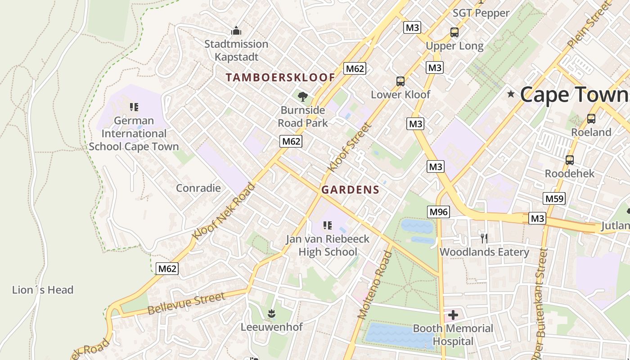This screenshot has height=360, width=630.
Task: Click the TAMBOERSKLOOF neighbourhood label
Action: tap(280, 77)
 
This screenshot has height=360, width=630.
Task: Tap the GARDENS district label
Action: tap(350, 190)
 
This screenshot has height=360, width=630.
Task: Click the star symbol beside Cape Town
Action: tap(511, 94)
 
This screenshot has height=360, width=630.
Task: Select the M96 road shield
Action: tap(439, 211)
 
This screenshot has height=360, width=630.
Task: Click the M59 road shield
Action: tap(554, 198)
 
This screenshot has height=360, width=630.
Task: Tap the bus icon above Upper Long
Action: tap(454, 32)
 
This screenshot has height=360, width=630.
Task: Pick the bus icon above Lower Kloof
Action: tap(400, 81)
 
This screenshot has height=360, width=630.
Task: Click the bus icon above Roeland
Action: tap(591, 119)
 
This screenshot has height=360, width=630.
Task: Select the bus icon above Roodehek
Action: tap(570, 160)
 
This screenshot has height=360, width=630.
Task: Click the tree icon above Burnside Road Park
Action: tap(303, 96)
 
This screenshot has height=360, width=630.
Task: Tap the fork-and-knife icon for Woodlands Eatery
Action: tap(484, 238)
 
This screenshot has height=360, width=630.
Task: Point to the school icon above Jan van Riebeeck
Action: tap(328, 225)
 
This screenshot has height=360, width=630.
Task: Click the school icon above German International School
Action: tap(134, 107)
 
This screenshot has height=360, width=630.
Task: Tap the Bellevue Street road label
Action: tap(186, 303)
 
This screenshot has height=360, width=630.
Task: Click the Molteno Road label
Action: tap(375, 285)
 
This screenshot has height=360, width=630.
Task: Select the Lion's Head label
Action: tap(43, 290)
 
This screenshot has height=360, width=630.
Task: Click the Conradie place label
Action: tap(198, 188)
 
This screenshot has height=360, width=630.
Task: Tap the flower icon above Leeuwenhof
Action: tap(271, 313)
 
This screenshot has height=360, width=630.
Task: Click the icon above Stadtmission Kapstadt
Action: tap(236, 31)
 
